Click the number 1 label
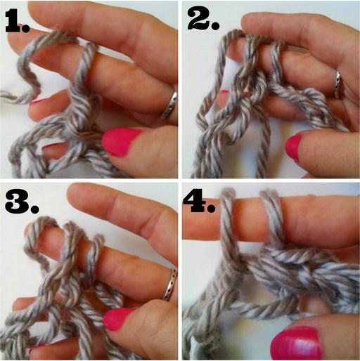tap(17, 21)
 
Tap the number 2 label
tap(203, 18)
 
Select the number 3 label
tap(22, 202)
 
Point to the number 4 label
tap(199, 202)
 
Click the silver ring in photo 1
tap(169, 105)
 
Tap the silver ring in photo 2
tap(338, 84)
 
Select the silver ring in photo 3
tap(171, 284)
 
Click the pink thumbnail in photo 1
tap(120, 141)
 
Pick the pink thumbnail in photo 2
tap(293, 148)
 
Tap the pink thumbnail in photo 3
tap(117, 319)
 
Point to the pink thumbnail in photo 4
tap(296, 343)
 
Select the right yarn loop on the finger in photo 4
tap(272, 218)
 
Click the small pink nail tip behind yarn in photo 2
tap(224, 92)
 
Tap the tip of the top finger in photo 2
tap(245, 22)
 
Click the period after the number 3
tap(34, 209)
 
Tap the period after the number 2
tap(215, 25)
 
